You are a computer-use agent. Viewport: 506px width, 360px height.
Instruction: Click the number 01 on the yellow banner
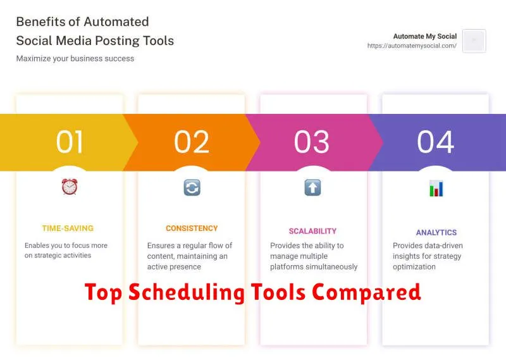[70, 142]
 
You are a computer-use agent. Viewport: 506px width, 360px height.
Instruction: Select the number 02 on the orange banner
[192, 142]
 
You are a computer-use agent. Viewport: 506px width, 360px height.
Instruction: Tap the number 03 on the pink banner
[311, 142]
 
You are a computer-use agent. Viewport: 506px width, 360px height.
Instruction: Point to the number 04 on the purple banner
[435, 142]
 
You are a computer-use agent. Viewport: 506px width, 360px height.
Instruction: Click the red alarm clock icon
[70, 187]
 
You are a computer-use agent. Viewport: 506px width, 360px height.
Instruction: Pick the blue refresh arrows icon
[192, 187]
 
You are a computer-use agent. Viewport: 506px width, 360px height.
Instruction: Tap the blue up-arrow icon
[312, 187]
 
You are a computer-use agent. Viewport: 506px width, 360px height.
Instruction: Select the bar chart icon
[436, 189]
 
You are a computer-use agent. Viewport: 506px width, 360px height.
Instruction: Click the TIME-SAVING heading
[68, 228]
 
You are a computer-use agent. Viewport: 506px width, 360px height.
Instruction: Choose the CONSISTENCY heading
[192, 228]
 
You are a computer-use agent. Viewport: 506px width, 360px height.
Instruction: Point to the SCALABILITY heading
[312, 231]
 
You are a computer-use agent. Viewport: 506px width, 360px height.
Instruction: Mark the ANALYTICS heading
[436, 232]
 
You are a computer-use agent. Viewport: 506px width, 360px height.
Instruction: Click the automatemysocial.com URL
[412, 46]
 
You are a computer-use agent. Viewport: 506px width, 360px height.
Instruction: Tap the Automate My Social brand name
[424, 36]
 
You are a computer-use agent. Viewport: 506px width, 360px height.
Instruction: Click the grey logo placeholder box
[474, 40]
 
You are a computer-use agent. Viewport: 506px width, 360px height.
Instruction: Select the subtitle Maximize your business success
[75, 58]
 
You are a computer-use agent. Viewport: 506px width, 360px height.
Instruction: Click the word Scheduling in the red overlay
[187, 292]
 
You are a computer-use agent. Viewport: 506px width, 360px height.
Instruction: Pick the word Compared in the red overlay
[366, 292]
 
